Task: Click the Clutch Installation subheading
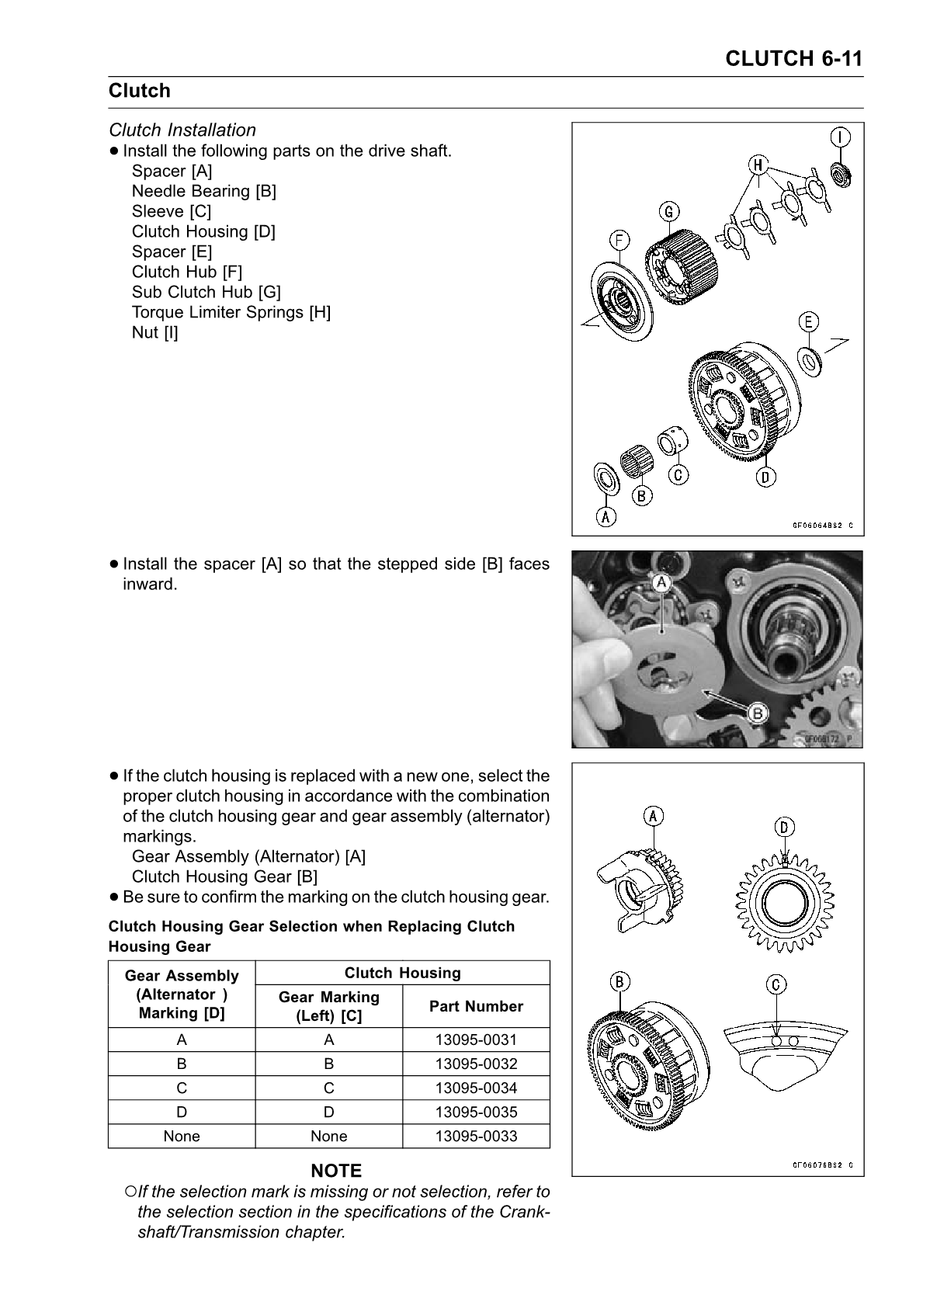coord(182,130)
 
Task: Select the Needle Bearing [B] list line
coord(203,191)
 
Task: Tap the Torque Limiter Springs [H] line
coord(231,312)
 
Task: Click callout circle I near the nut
coord(840,137)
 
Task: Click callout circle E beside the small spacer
coord(809,321)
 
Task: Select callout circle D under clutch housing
coord(765,477)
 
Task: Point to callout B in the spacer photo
coord(757,712)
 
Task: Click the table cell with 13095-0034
coord(476,1088)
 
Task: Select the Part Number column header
coord(476,1006)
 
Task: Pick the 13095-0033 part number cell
coord(476,1136)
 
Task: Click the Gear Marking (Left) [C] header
coord(328,1006)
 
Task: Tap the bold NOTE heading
coord(336,1171)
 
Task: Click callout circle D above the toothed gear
coord(784,828)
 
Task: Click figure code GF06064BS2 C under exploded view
coord(821,525)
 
